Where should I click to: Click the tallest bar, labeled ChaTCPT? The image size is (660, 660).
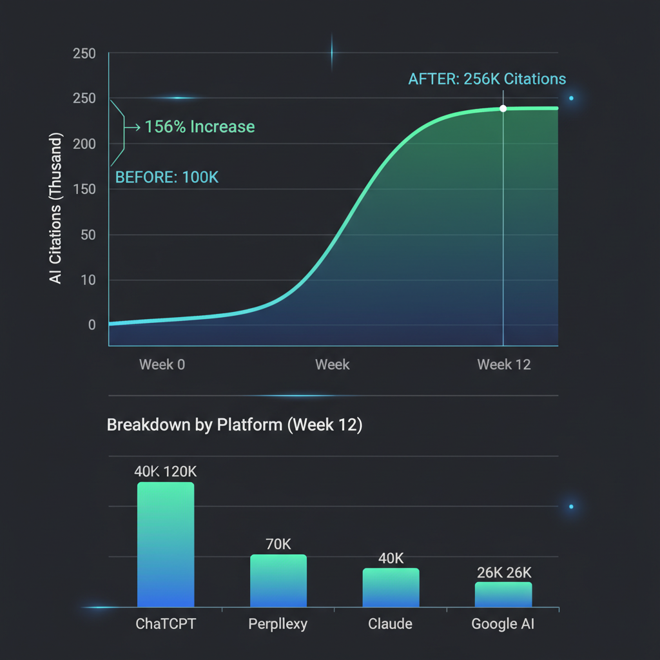click(166, 545)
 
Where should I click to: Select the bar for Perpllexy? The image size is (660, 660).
click(278, 580)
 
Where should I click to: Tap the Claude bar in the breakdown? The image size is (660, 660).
click(391, 587)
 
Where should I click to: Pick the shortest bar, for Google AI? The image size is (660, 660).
click(503, 594)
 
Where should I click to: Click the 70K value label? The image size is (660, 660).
click(278, 544)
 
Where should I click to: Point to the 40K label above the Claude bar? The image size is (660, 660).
click(391, 558)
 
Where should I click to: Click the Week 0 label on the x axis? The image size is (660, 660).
click(162, 365)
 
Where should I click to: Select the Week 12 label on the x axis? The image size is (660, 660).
click(504, 365)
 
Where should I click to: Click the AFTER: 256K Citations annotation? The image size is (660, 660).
click(487, 79)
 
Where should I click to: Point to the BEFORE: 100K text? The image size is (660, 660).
click(166, 177)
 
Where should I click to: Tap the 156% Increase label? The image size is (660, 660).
click(199, 127)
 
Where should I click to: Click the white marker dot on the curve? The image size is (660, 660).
click(503, 108)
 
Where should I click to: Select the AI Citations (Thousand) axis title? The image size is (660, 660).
click(56, 209)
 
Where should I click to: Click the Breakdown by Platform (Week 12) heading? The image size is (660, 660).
click(234, 425)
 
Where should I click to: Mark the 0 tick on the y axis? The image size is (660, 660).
click(92, 325)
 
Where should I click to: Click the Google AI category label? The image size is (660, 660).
click(503, 624)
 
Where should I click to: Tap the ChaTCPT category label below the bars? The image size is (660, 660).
click(165, 624)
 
